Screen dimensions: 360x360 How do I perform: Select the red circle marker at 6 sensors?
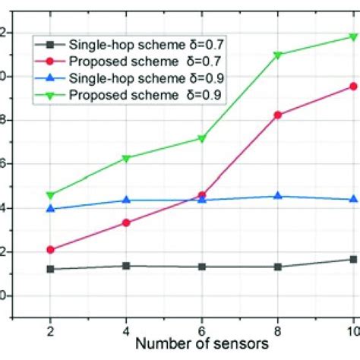[202, 195]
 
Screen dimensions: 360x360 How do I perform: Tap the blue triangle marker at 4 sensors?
[126, 200]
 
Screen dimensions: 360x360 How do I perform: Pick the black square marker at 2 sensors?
[50, 269]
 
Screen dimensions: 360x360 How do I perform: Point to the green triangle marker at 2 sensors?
[50, 195]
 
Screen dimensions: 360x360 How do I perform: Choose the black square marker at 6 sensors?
[202, 267]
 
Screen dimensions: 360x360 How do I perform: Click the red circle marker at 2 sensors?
[50, 249]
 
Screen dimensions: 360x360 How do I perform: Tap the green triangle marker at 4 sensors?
[126, 158]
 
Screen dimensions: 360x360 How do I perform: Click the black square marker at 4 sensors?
[126, 266]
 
